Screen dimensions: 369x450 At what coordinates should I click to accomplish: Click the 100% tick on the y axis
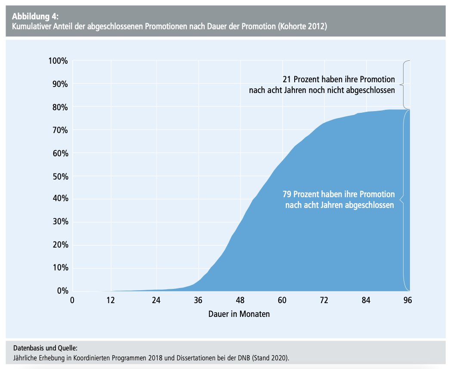pos(57,61)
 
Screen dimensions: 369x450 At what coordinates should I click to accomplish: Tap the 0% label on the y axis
pos(62,291)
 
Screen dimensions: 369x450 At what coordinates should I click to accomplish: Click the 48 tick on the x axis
pos(240,301)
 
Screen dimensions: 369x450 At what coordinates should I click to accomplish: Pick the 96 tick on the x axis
pos(408,301)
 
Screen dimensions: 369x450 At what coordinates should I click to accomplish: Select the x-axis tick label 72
pos(324,301)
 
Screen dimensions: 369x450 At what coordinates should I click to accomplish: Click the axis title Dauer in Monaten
pos(239,314)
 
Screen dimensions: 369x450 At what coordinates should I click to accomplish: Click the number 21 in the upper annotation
pos(287,79)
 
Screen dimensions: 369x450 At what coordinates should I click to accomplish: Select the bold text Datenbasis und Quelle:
pos(45,347)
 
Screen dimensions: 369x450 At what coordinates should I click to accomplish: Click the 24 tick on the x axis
pos(156,301)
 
